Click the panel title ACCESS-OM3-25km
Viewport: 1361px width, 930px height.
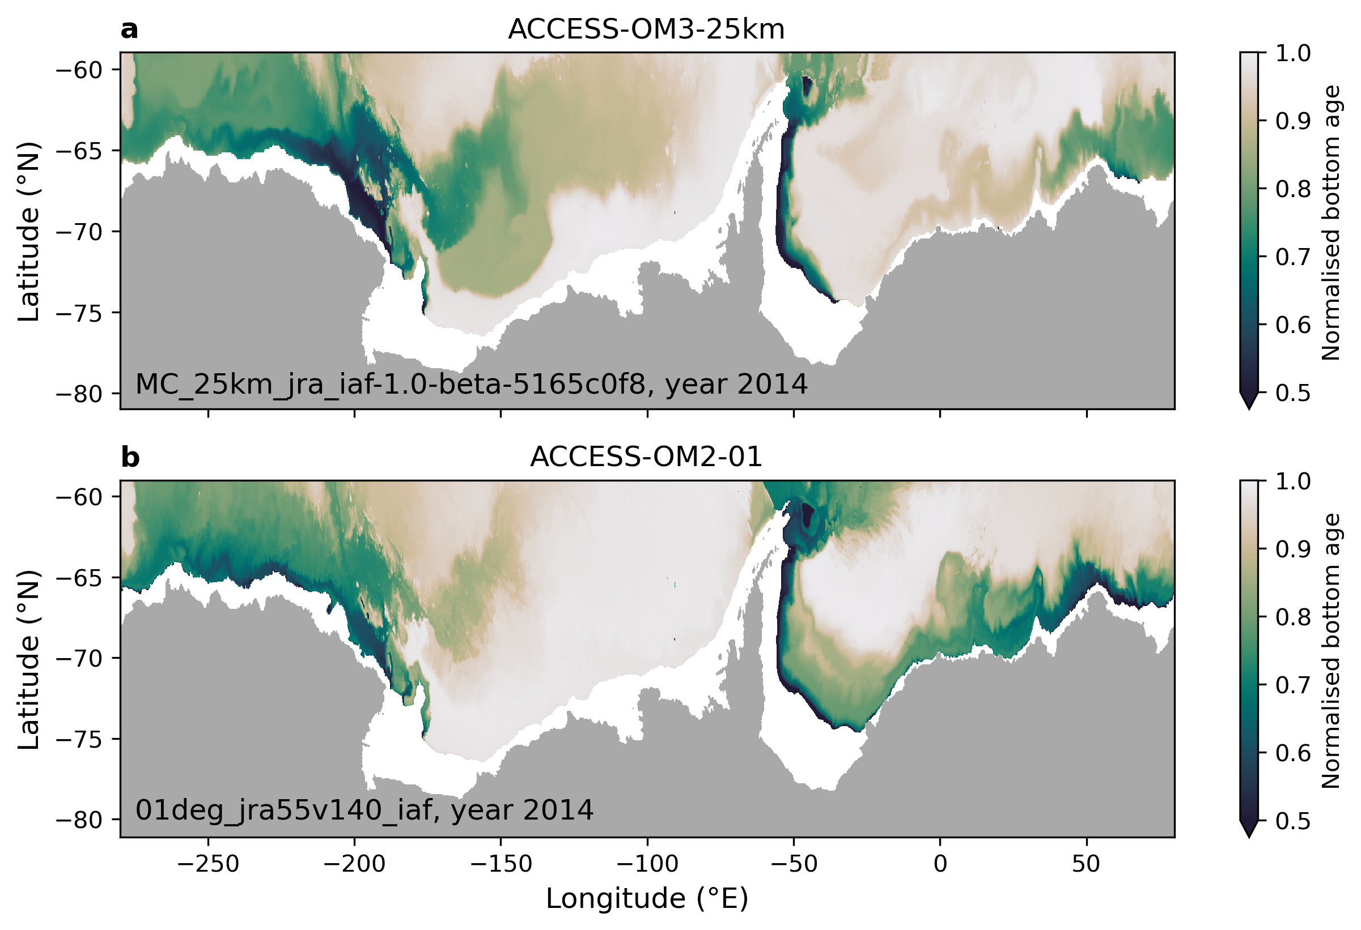(646, 29)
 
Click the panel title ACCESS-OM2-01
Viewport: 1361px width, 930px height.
(646, 457)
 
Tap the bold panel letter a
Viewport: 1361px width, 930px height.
(129, 29)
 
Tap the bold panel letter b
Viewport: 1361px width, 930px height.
(130, 457)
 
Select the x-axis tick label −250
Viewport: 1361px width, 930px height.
(208, 864)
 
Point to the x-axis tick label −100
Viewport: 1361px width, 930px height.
(647, 864)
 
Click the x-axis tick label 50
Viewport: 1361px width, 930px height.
(1086, 864)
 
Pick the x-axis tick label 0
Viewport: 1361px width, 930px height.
(940, 864)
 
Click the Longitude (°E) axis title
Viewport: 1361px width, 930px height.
(647, 899)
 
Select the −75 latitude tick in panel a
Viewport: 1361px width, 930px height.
(80, 313)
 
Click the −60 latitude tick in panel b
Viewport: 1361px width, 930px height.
(80, 497)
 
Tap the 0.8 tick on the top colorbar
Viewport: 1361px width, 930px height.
(1293, 189)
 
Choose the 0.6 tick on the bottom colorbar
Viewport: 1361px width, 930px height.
(1293, 753)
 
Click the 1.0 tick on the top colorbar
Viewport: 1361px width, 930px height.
(1293, 53)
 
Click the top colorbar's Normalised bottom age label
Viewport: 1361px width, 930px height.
(1330, 223)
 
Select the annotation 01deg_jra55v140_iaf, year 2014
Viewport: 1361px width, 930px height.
(364, 810)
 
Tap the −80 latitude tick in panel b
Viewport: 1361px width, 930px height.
(80, 821)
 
